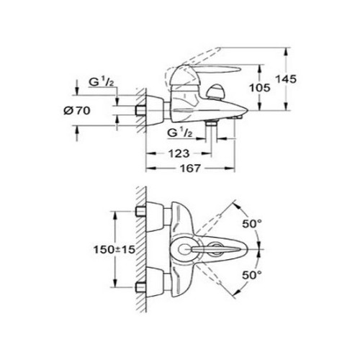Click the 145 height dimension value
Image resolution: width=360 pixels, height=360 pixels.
(286, 79)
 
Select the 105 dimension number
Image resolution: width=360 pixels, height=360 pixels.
(260, 88)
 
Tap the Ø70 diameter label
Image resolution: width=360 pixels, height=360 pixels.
(77, 111)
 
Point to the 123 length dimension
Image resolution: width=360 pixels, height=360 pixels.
(179, 153)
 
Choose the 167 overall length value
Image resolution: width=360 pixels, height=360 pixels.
(190, 168)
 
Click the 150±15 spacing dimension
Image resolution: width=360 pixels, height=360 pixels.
(114, 250)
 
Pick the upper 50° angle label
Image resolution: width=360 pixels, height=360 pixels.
(252, 224)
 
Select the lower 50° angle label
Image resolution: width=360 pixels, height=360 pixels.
(252, 275)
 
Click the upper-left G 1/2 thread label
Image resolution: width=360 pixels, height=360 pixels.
(102, 82)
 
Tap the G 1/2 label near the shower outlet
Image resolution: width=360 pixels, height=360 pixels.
(180, 132)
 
